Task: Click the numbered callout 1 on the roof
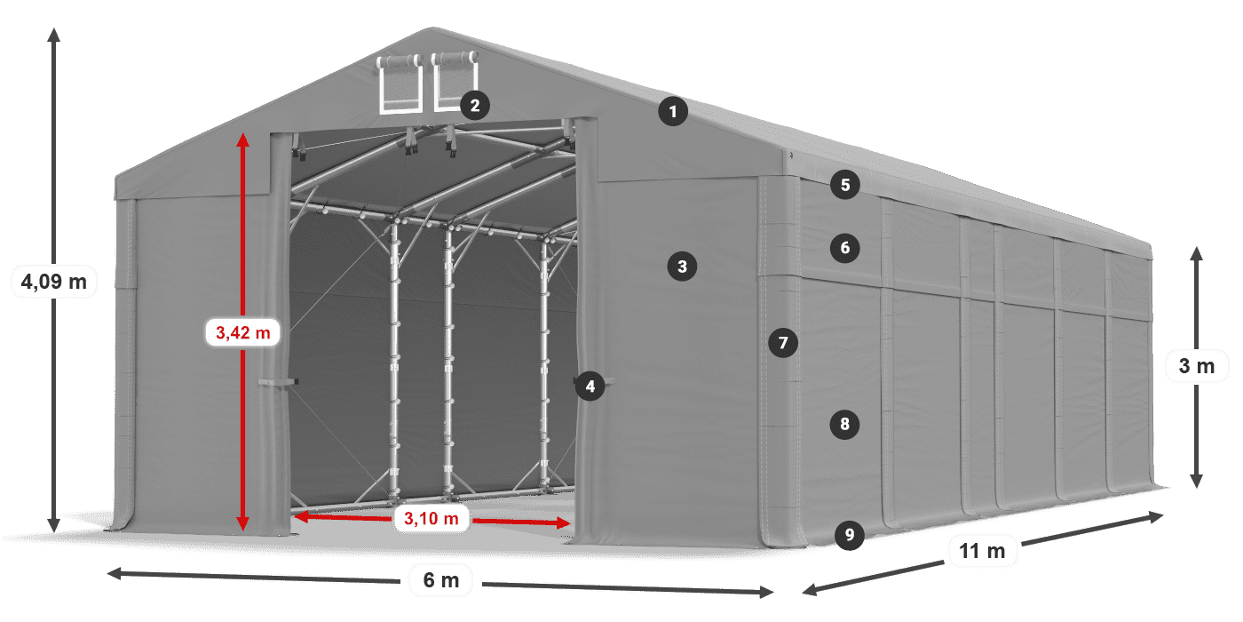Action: click(673, 112)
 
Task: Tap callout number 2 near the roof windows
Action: click(475, 106)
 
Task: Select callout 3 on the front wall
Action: click(681, 266)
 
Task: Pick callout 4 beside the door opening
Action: click(590, 387)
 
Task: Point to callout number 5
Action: click(845, 185)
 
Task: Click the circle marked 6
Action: click(845, 248)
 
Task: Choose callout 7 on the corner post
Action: click(782, 342)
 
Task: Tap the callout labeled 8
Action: click(844, 425)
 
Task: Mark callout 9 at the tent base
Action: click(850, 535)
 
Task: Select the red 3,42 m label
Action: click(242, 333)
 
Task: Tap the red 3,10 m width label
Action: click(431, 518)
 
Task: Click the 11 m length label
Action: click(982, 552)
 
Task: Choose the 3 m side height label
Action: click(1196, 365)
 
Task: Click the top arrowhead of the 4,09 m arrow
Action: click(54, 34)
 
